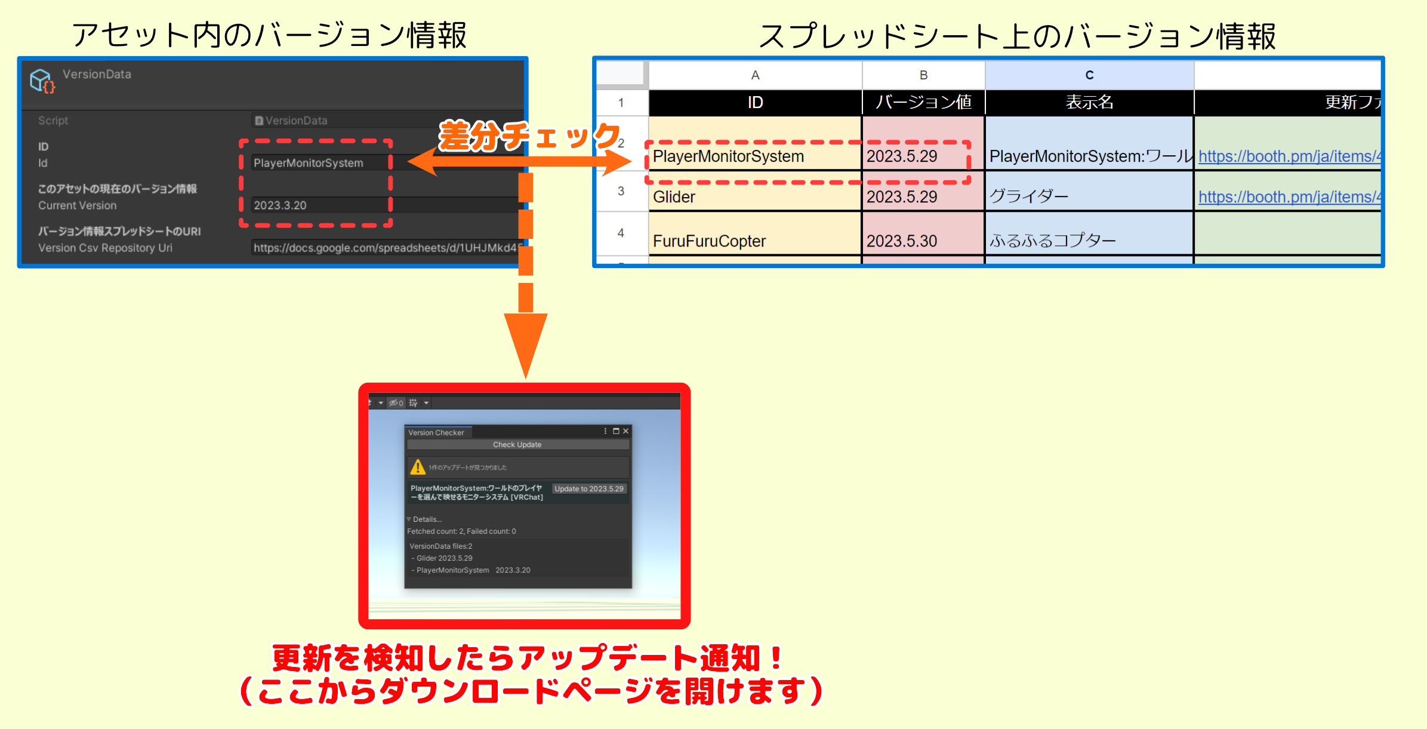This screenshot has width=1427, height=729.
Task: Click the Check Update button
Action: (517, 445)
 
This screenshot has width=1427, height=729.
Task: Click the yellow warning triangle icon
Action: (418, 467)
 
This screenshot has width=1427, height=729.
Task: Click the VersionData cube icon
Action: (42, 81)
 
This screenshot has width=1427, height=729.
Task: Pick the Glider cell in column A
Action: (754, 196)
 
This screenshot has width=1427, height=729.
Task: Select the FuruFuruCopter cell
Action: (754, 241)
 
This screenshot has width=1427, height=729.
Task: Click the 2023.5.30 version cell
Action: (923, 241)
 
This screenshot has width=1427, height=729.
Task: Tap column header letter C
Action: (1089, 75)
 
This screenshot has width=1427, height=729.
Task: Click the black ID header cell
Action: (755, 102)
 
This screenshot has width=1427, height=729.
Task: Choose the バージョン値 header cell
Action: (923, 102)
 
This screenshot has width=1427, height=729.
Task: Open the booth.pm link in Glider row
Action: (1289, 197)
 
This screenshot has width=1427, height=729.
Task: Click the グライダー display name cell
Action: (1089, 196)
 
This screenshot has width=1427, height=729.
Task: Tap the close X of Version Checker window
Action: (626, 431)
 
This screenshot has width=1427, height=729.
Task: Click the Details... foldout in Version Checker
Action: (426, 519)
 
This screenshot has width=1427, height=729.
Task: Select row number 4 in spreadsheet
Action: (621, 233)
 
